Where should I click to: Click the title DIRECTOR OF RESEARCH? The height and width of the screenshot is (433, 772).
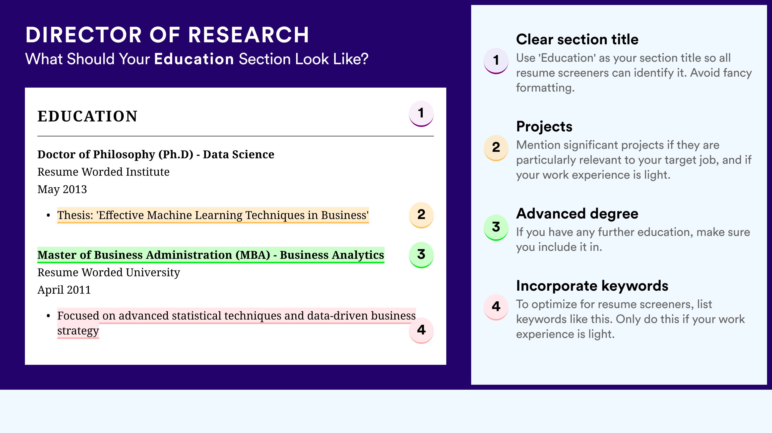(167, 35)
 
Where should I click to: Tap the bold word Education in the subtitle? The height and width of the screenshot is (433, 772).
(194, 59)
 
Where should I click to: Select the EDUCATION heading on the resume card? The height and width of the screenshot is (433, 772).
(87, 116)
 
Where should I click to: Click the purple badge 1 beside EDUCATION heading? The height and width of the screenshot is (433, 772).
(421, 114)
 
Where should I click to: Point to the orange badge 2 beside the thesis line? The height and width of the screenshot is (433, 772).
(421, 215)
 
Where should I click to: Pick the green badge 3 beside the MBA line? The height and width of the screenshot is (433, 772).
(421, 255)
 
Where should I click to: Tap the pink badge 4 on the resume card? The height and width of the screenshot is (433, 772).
(421, 330)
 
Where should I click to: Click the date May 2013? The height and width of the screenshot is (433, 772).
(62, 189)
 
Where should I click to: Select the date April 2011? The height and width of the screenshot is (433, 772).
(64, 290)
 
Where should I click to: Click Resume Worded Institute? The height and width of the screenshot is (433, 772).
(103, 172)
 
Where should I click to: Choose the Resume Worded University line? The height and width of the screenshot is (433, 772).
(109, 272)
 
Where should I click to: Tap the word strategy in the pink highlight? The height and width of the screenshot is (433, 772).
(78, 331)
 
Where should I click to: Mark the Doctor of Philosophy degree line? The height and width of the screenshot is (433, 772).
(156, 155)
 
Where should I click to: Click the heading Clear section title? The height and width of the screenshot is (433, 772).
(577, 39)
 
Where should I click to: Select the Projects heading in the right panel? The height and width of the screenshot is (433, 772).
(544, 126)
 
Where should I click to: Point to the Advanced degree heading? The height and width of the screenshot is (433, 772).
(577, 214)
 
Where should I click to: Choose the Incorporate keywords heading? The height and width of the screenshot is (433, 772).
(592, 286)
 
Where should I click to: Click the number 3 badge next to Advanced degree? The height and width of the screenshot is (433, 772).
(496, 227)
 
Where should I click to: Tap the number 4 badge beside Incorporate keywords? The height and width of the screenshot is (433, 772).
(496, 307)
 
